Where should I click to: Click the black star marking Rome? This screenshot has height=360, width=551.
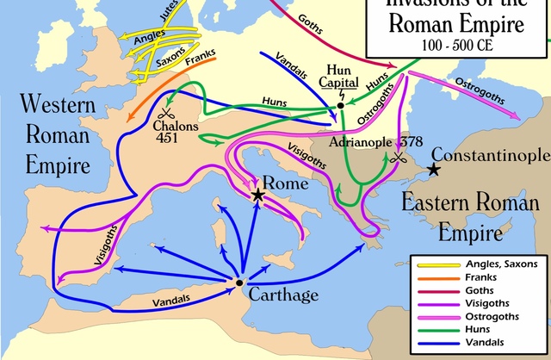tap(258, 196)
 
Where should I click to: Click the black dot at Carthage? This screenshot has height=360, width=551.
tap(238, 282)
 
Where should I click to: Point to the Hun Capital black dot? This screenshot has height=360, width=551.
tap(341, 105)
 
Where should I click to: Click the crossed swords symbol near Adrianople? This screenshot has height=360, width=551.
tap(398, 158)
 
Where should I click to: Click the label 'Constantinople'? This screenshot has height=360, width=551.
tap(490, 155)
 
